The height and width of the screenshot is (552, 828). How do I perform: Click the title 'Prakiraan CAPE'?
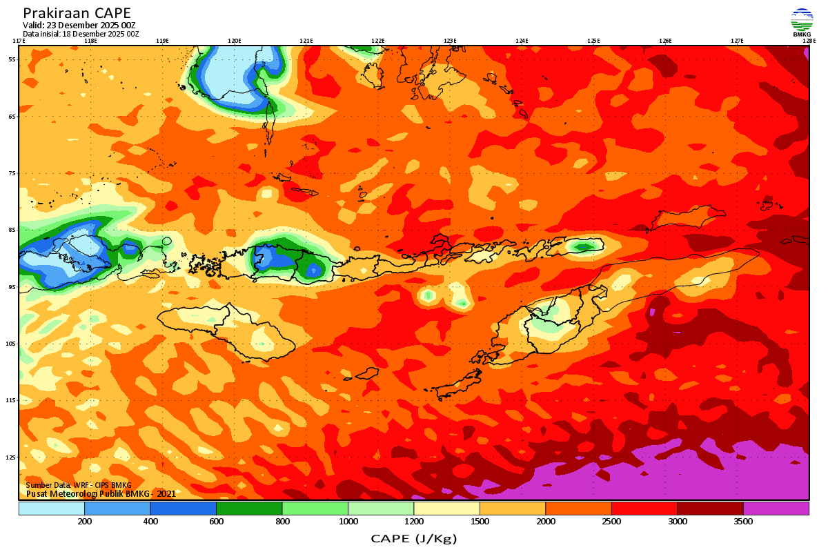pos(77,13)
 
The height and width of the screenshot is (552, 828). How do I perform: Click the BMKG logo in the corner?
pos(802,22)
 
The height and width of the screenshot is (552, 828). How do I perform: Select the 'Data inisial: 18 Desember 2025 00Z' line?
pos(81,33)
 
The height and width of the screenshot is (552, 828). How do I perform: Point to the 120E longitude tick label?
pos(234,41)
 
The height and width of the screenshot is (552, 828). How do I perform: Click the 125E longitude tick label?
pos(593,41)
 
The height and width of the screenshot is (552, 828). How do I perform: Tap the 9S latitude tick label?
pos(12,286)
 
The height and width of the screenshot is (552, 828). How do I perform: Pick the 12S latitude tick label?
pos(12,457)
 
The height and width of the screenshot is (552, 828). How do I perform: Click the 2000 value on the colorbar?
pos(546,522)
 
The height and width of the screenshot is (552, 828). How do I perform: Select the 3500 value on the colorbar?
pos(743,522)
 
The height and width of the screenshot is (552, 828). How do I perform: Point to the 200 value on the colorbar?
pos(85,522)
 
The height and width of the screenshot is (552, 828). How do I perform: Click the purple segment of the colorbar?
pos(776,509)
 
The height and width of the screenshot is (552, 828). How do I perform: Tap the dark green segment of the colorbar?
pos(249,509)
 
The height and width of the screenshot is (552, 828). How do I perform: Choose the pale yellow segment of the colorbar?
pos(446,509)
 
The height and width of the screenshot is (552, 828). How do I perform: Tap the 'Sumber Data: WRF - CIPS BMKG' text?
pos(78,486)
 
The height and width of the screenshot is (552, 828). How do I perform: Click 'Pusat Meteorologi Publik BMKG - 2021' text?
pos(101,494)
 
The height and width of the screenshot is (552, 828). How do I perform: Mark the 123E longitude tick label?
pos(450,41)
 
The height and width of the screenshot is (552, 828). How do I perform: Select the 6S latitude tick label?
pos(12,116)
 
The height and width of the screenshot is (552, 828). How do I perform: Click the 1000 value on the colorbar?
pos(348,522)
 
